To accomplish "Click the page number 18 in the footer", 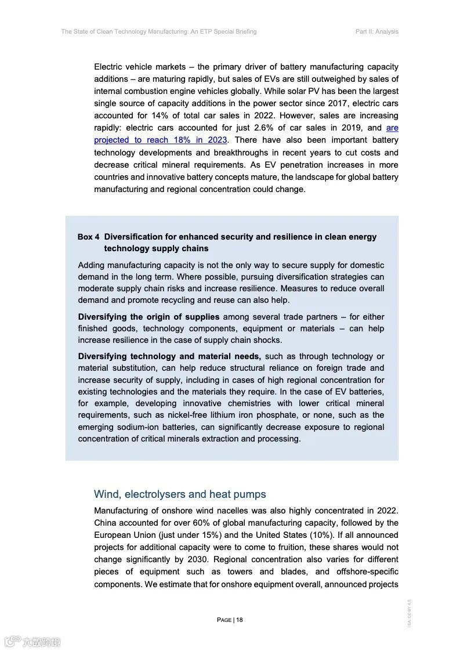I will [239, 620].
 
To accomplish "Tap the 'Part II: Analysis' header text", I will [376, 31].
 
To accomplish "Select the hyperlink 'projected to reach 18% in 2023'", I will [161, 140].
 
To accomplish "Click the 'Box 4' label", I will [88, 237].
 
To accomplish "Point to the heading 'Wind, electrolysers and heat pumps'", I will [180, 494].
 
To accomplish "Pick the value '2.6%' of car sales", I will [265, 128].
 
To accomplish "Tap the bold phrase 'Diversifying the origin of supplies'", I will [148, 317].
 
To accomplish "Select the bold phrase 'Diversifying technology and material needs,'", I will [169, 356].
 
